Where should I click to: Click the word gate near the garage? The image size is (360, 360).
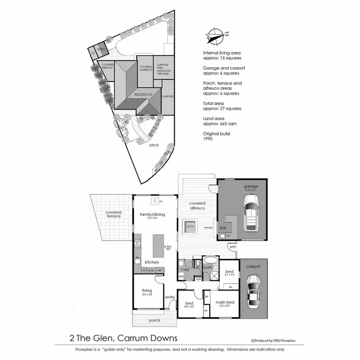coord(233,246)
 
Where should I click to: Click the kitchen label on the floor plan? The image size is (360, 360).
coord(152,262)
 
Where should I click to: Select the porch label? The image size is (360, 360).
coord(155,320)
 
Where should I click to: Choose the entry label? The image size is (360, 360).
coord(170,297)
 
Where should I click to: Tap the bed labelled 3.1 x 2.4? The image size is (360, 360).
coord(229,272)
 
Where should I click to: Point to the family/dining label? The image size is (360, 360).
coord(152,214)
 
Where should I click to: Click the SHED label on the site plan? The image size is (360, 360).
coord(101,49)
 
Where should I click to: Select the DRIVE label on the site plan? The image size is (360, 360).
coord(153,144)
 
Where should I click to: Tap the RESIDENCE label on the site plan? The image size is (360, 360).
coord(143,95)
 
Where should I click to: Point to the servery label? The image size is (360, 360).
coord(208,228)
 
